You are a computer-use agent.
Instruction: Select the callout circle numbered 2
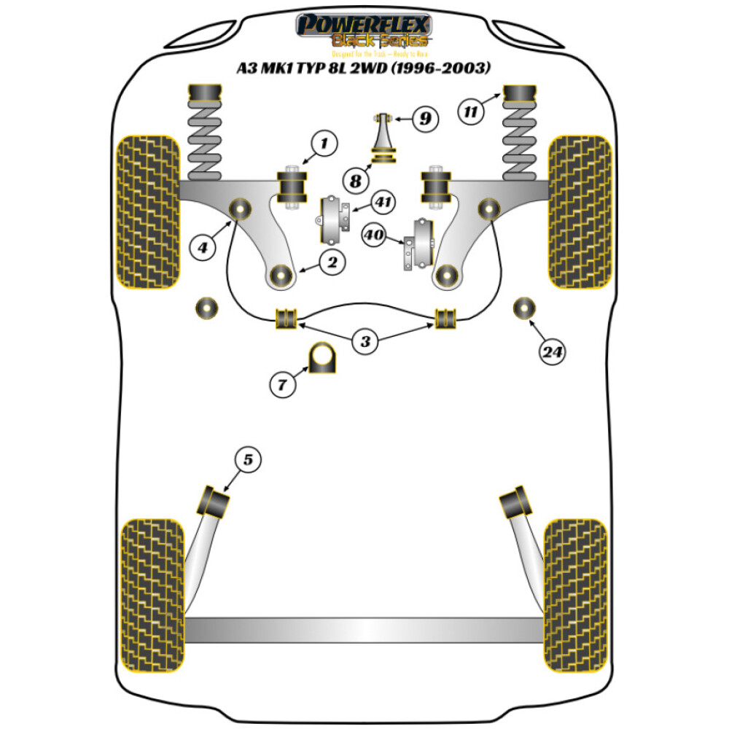click(332, 262)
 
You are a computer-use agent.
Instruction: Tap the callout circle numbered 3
click(365, 340)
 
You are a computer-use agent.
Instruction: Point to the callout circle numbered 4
click(203, 248)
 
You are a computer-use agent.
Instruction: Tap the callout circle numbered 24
click(553, 352)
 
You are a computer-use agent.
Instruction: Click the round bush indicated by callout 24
click(523, 308)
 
